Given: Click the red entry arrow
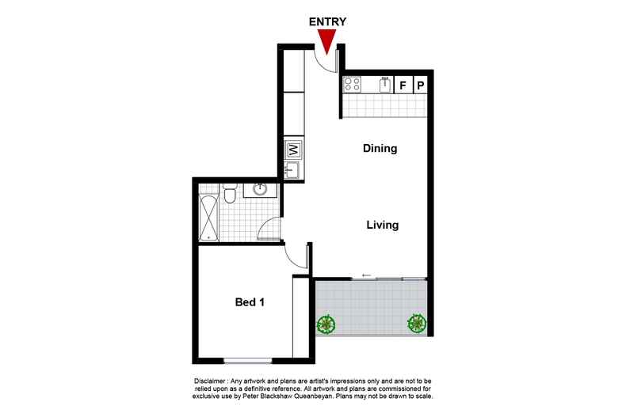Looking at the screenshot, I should [x=326, y=40].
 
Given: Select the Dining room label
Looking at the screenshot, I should [x=380, y=148].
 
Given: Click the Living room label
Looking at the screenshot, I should [x=382, y=225].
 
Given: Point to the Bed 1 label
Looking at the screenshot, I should [x=250, y=302].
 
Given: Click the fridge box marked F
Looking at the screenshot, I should [x=403, y=85].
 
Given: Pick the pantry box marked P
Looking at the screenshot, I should [x=421, y=85].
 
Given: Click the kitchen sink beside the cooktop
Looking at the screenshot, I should [x=384, y=84].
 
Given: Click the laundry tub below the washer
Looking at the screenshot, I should [x=291, y=169].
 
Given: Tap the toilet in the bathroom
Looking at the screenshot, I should [x=229, y=193].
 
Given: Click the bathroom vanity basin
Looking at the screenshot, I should [x=259, y=189].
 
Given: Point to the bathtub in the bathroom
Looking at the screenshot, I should [x=208, y=213].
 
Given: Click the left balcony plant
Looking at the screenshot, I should [x=325, y=323].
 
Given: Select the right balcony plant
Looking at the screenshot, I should [x=416, y=323].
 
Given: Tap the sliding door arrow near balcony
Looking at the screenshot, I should [x=367, y=275].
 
